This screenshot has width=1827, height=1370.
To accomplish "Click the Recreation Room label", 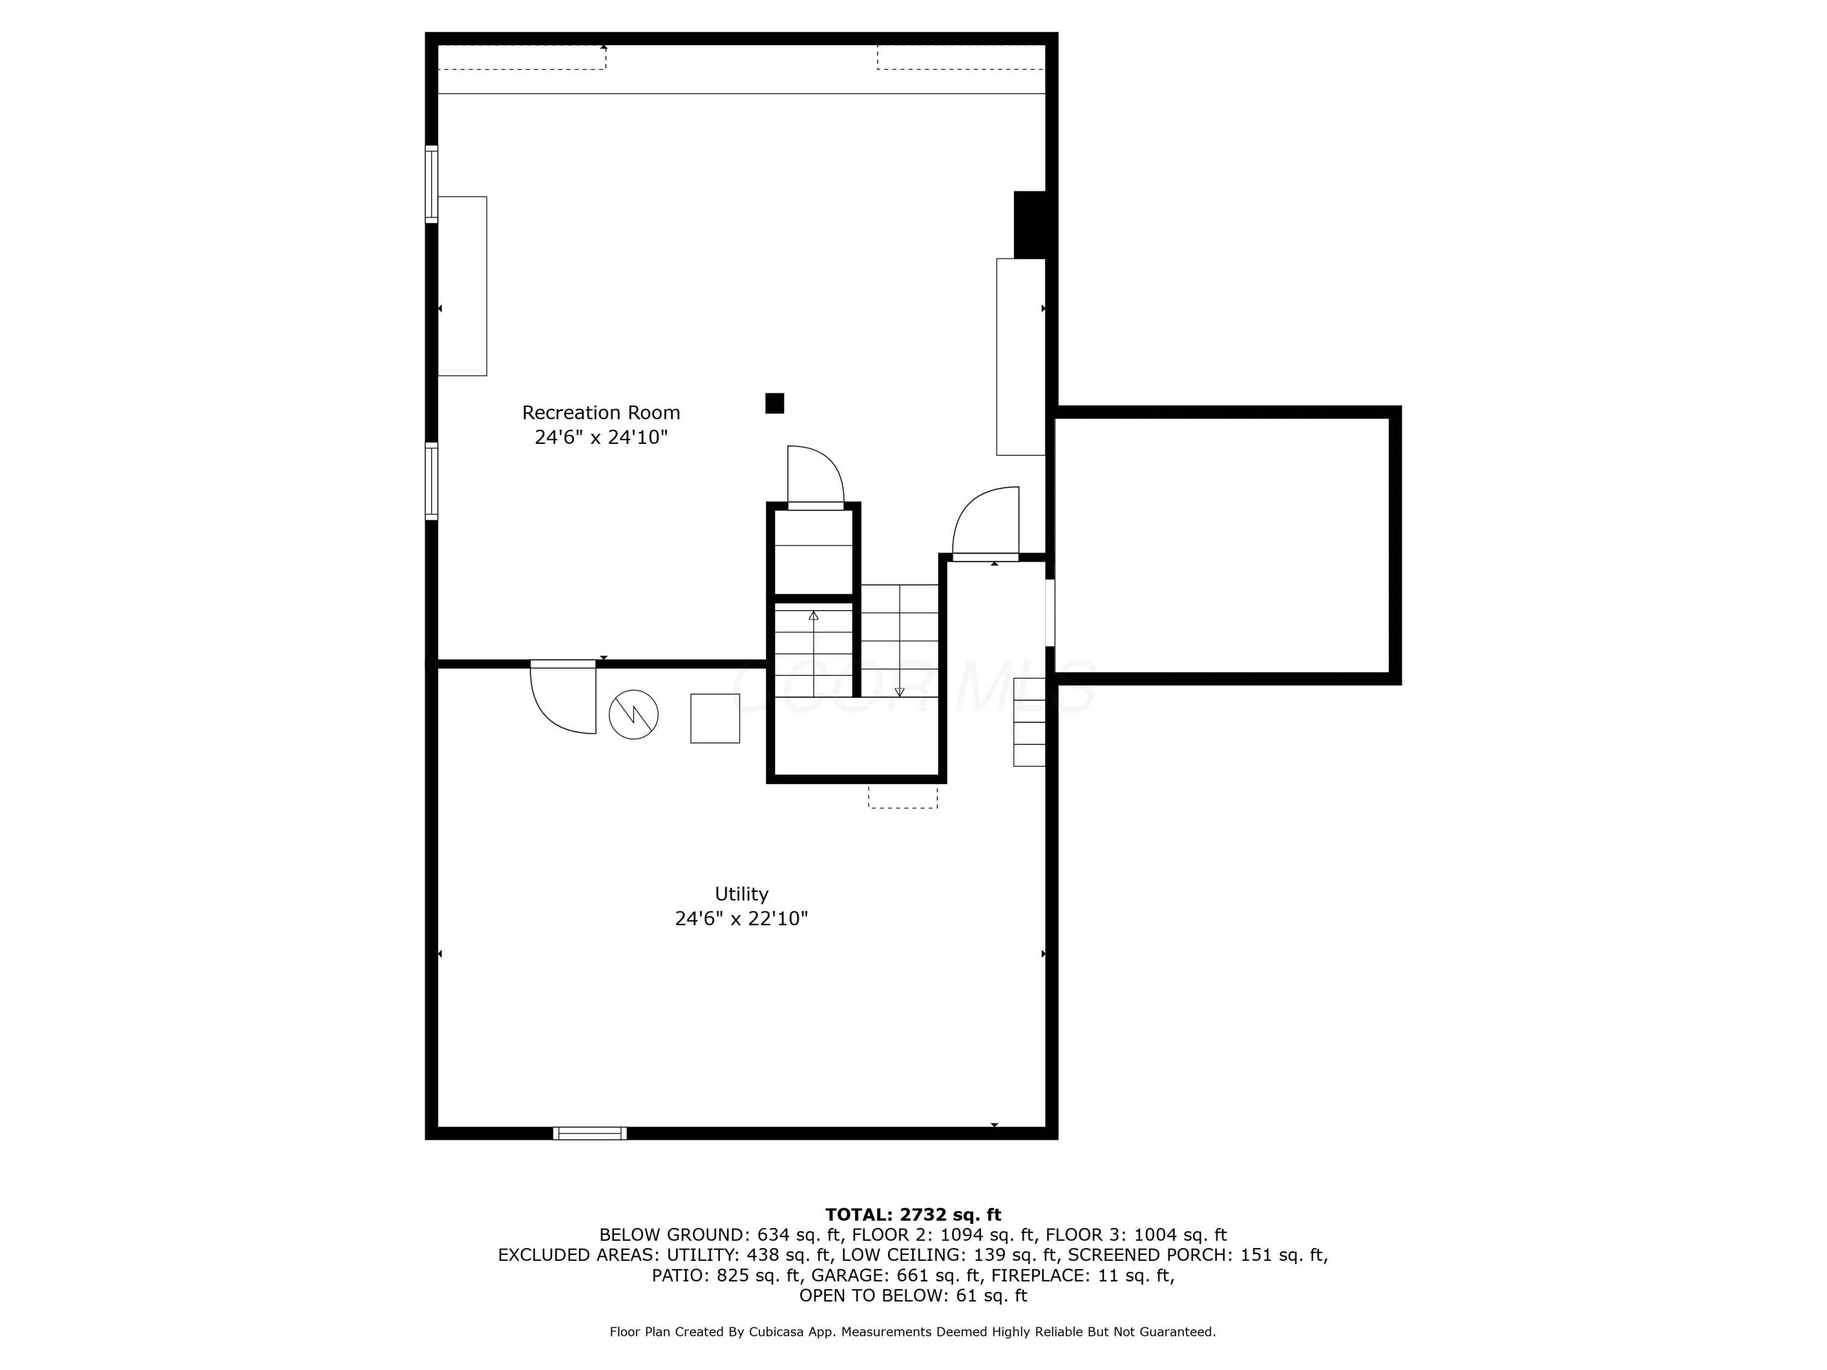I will click(600, 412).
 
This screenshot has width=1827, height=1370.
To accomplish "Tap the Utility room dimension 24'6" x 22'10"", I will click(741, 918).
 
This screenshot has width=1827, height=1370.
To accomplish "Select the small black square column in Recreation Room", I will click(774, 403).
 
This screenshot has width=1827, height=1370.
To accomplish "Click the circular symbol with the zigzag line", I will click(633, 714).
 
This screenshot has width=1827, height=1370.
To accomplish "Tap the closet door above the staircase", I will click(815, 477).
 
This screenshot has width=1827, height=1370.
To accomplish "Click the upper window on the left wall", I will click(431, 184).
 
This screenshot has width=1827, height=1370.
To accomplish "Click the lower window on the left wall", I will click(431, 482).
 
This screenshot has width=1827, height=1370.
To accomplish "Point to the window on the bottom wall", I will click(590, 1133).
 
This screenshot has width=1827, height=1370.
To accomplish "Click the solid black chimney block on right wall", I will click(1030, 225).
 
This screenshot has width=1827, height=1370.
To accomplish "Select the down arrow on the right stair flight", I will click(899, 691).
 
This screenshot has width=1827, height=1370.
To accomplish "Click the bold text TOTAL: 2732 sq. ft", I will click(913, 1215).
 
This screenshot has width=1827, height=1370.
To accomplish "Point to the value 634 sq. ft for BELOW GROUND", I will click(798, 1235).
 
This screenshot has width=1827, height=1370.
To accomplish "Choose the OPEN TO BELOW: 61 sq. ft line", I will click(913, 1296).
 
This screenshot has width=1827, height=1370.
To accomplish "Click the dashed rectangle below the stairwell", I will click(903, 797).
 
